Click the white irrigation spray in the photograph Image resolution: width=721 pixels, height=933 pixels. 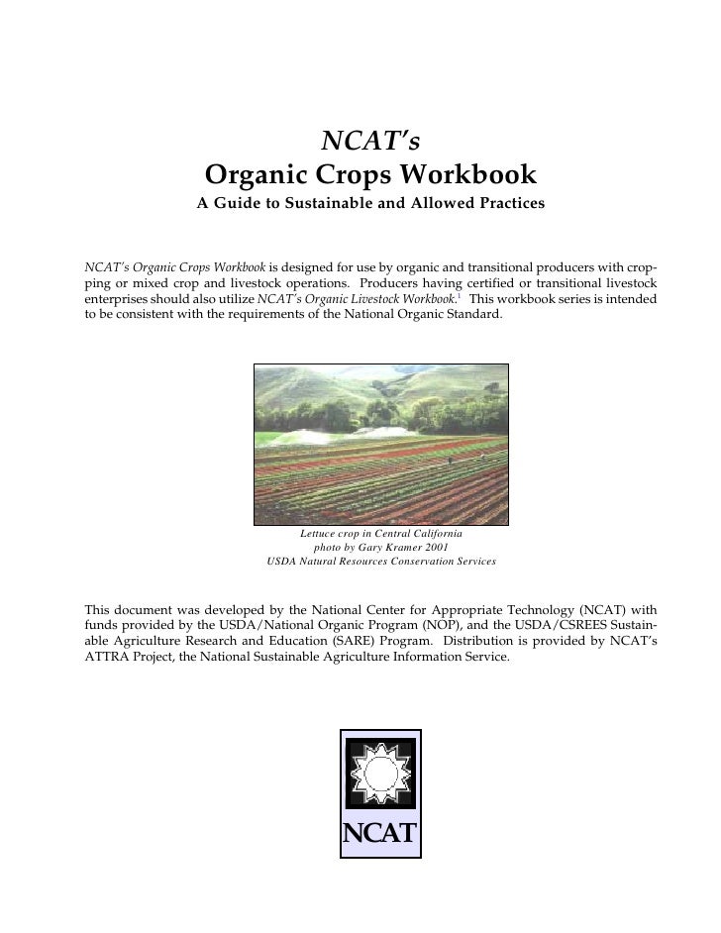coord(297,436)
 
